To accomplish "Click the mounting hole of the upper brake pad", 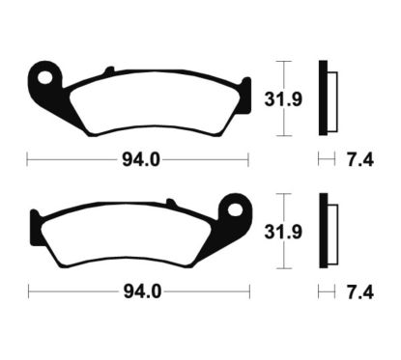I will click(42, 73).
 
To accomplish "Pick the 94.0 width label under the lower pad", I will click(138, 291).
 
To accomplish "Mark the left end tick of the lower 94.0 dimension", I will click(28, 291).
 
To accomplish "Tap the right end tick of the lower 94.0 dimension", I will click(248, 291).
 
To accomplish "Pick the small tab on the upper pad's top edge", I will click(109, 70).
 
